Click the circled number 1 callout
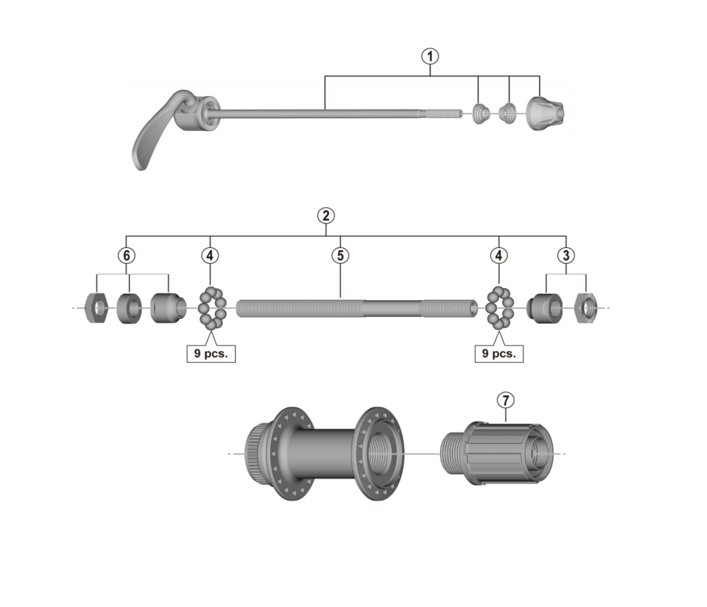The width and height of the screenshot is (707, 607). [x=429, y=57]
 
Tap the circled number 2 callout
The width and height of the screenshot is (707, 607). [x=326, y=215]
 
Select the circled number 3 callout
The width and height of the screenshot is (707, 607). [x=566, y=255]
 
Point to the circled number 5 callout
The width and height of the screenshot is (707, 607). [x=340, y=255]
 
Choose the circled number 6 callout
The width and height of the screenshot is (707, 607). [x=127, y=255]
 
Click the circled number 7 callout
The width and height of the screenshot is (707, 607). [x=505, y=400]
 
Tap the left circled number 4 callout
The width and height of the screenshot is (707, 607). [x=210, y=255]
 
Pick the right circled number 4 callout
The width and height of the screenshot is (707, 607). [x=499, y=255]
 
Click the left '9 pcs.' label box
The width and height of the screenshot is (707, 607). [x=211, y=353]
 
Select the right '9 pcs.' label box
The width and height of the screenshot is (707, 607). [x=499, y=353]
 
